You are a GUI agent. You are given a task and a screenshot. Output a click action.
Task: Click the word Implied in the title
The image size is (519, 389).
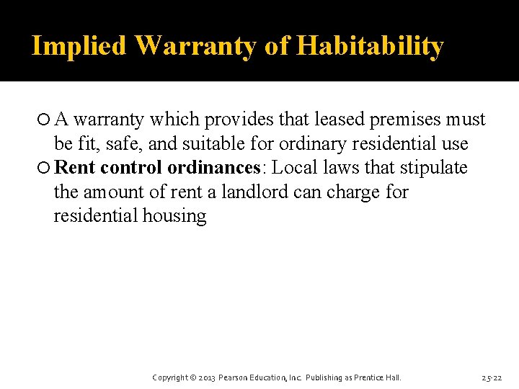[x=80, y=46]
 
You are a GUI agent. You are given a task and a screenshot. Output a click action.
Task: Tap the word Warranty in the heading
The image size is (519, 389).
[x=195, y=46]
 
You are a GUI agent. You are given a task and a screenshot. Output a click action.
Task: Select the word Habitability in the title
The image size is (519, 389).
[x=370, y=46]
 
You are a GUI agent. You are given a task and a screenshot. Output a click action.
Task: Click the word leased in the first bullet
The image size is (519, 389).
[x=342, y=120]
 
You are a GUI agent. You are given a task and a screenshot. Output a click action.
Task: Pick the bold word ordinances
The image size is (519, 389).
[x=212, y=169]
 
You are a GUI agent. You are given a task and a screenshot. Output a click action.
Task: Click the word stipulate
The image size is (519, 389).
[x=433, y=169]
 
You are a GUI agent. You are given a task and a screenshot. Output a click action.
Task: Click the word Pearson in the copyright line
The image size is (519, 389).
[x=235, y=377]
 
